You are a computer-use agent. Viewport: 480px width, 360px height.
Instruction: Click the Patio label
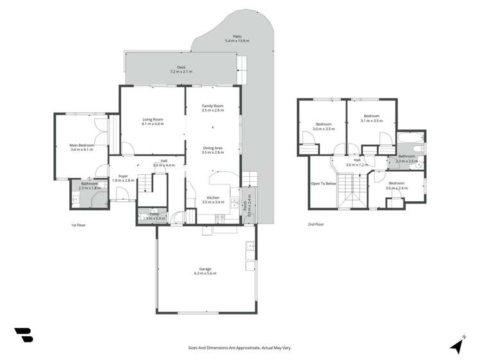click(x=237, y=39)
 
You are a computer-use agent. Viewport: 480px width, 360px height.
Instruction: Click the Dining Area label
click(x=212, y=150)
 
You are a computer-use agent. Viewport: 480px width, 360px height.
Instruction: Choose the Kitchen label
click(x=213, y=199)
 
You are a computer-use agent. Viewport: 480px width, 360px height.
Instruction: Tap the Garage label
click(x=205, y=271)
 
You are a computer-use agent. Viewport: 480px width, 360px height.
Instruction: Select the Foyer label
click(x=122, y=178)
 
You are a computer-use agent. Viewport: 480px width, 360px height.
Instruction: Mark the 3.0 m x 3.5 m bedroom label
click(x=324, y=126)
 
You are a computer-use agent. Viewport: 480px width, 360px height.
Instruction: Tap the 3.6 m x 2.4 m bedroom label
click(x=396, y=186)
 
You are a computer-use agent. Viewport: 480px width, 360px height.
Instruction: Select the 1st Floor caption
click(x=78, y=225)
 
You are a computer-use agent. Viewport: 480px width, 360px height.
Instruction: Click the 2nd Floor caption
click(x=315, y=224)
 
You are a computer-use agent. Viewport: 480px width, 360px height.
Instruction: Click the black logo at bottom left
click(x=23, y=335)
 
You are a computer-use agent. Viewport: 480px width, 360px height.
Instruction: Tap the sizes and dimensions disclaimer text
click(x=239, y=347)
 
